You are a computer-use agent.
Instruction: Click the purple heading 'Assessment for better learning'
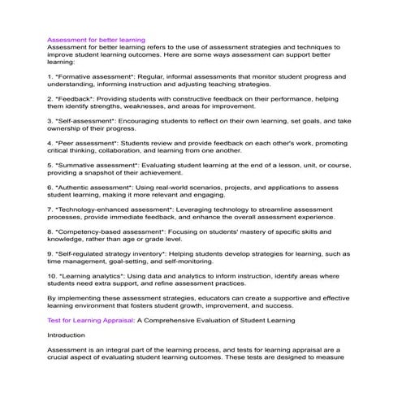pyautogui.click(x=96, y=39)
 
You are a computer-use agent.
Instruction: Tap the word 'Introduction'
pyautogui.click(x=66, y=335)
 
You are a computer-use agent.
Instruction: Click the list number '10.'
pyautogui.click(x=53, y=275)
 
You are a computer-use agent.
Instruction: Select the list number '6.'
pyautogui.click(x=50, y=187)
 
